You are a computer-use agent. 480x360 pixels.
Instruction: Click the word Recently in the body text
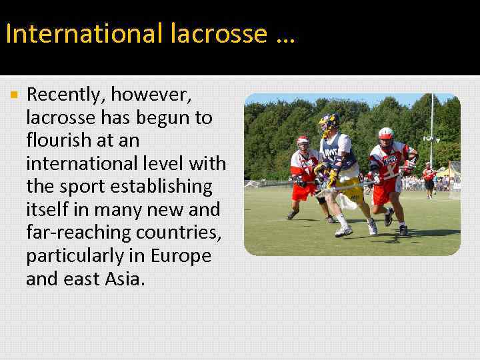[x=65, y=96]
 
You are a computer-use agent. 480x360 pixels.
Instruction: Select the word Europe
[x=181, y=255]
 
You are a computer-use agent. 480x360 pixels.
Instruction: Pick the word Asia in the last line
[x=123, y=279]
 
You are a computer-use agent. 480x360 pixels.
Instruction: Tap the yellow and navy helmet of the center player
[x=329, y=123]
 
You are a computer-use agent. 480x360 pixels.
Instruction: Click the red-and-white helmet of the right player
[x=385, y=133]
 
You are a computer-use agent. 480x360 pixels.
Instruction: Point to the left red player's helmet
[x=303, y=141]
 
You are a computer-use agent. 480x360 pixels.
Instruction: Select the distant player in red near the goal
[x=429, y=179]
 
